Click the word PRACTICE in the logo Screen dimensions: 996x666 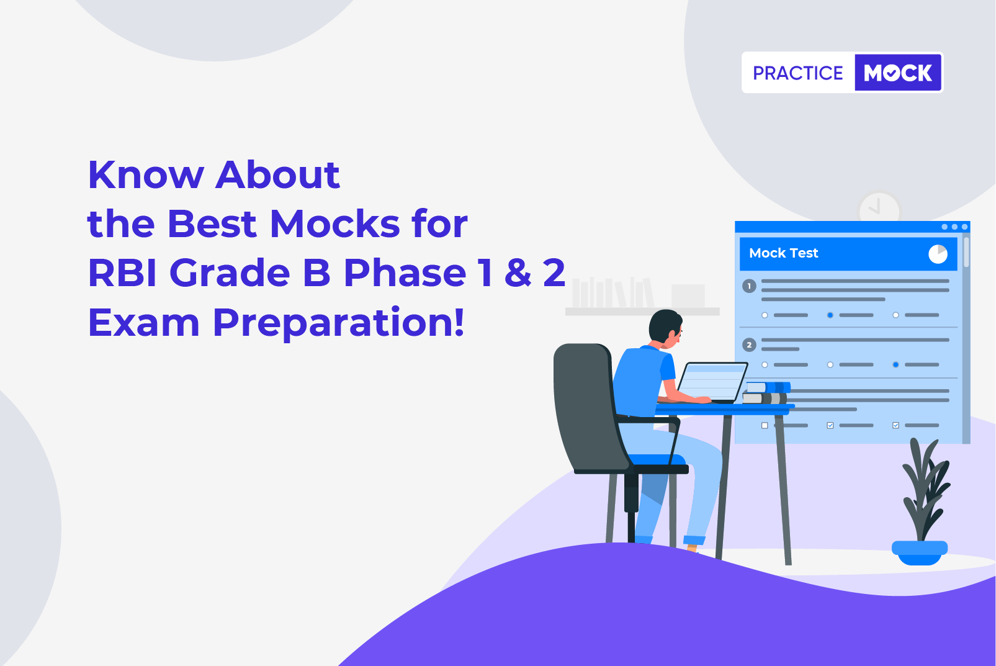(797, 73)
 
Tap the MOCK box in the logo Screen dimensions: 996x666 (898, 73)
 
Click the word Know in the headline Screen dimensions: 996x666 (146, 175)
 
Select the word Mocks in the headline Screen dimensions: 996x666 (335, 223)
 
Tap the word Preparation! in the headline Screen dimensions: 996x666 (339, 323)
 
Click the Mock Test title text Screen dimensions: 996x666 (784, 253)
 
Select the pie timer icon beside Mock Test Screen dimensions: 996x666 (938, 254)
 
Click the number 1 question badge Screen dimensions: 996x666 (749, 286)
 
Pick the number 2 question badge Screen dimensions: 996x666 (749, 344)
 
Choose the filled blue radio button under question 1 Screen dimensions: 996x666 (830, 315)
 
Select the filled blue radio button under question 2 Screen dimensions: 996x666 (895, 364)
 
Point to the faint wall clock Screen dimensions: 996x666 (879, 208)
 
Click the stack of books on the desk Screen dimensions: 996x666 (766, 393)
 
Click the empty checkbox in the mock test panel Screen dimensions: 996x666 (765, 425)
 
